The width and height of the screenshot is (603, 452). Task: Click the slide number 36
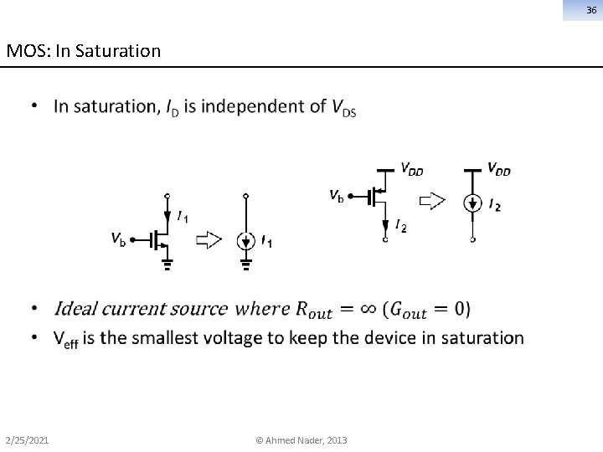[590, 9]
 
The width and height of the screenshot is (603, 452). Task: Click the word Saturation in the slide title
[117, 51]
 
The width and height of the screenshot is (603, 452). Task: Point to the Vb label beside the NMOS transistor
[119, 239]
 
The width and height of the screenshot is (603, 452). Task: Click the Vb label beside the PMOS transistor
[335, 196]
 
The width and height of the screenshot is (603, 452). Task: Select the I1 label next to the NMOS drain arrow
[183, 217]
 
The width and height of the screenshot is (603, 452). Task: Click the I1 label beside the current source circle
[266, 243]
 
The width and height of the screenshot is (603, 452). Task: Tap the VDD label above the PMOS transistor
[410, 170]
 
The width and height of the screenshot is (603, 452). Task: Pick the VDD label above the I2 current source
[498, 169]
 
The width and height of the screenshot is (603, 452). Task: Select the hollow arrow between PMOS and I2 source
[431, 200]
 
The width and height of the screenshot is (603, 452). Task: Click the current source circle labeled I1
[245, 241]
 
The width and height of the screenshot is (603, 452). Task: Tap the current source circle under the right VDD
[474, 203]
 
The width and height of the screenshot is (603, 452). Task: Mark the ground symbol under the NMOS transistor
[167, 266]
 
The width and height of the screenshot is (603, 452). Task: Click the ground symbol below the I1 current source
[245, 266]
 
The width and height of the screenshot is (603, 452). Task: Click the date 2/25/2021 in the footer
[27, 440]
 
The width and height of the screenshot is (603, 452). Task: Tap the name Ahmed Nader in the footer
[296, 440]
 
